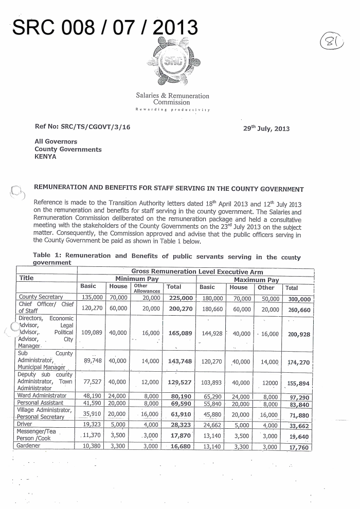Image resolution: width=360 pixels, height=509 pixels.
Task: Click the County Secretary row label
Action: point(41,297)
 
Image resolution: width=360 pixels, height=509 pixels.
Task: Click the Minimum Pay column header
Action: point(137,279)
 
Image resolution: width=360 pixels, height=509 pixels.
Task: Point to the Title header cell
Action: point(26,278)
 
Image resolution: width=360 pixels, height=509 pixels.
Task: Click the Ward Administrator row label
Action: point(43,395)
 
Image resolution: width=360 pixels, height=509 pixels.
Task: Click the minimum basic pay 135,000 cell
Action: point(91,297)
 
